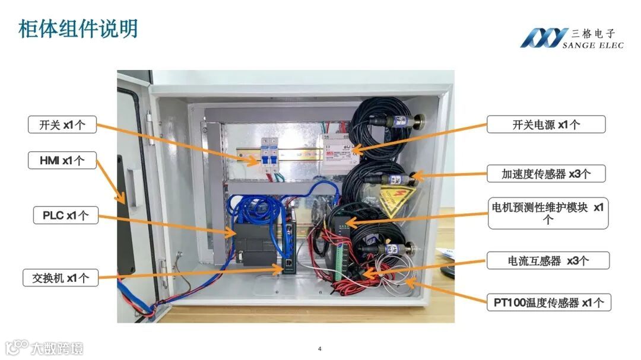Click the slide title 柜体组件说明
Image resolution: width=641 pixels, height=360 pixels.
pos(78,28)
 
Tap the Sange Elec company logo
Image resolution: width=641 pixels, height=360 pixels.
pos(571,38)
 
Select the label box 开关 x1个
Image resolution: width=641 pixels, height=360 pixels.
pos(62,125)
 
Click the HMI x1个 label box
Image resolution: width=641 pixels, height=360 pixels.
pos(62,160)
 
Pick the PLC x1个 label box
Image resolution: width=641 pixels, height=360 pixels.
pos(65,216)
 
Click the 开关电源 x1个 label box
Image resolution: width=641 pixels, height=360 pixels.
pos(545,125)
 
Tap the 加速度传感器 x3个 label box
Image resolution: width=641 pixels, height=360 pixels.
pos(545,174)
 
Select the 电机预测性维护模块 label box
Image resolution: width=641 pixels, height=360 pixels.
pos(548,213)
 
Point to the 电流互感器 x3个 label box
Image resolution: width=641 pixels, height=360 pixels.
pos(548,260)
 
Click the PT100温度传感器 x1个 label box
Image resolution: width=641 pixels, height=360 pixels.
pos(548,302)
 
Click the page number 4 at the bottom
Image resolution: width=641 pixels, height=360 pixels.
pos(320,348)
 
